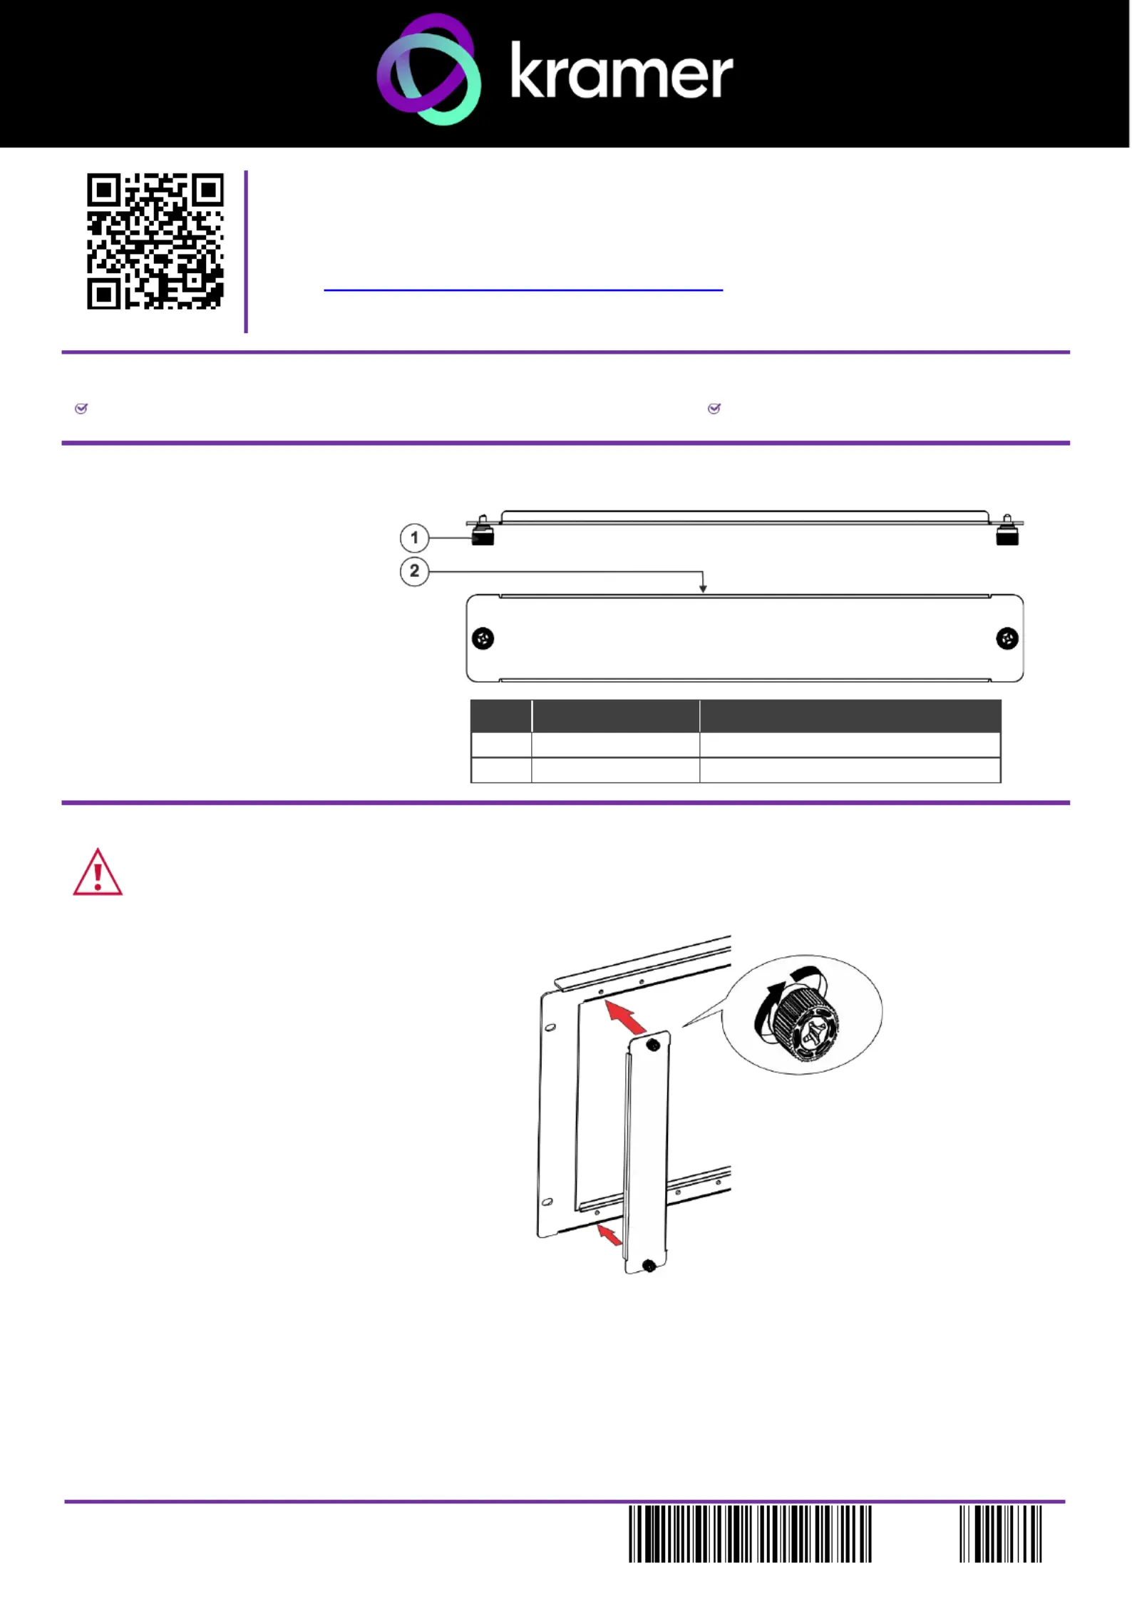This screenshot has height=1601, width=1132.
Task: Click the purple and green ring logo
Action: click(428, 70)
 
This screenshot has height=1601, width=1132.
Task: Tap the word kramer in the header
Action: click(622, 71)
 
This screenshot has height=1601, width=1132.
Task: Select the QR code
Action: click(155, 241)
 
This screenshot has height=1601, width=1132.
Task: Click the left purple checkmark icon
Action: click(81, 409)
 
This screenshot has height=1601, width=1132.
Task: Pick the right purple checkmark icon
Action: click(714, 409)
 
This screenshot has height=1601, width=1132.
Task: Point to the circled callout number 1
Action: click(414, 538)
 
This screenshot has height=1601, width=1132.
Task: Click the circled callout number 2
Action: click(414, 571)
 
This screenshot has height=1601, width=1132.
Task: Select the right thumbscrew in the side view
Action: click(1007, 531)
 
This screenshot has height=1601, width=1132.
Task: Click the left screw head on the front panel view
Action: click(483, 638)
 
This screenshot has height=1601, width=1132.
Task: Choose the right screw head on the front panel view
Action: click(1007, 638)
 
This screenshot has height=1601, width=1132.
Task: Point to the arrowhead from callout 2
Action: click(703, 589)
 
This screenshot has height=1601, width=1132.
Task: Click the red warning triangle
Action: click(98, 872)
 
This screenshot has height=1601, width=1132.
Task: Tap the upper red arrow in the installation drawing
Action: click(625, 1016)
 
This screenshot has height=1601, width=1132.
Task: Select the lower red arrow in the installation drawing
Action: click(609, 1234)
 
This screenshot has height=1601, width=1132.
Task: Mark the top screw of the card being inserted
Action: click(652, 1045)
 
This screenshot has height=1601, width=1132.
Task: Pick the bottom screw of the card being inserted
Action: click(649, 1267)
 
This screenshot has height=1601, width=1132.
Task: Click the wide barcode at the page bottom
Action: click(750, 1534)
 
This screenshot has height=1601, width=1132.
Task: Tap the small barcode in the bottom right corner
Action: click(1001, 1534)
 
